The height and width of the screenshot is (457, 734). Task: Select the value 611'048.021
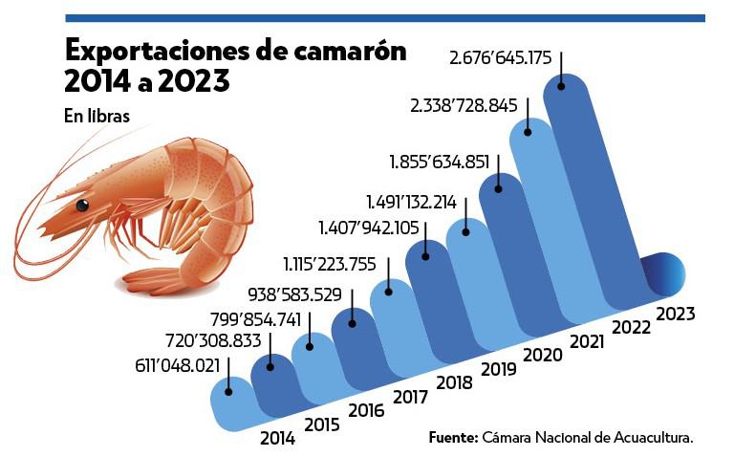(174, 364)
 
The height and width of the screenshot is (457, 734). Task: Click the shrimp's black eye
(83, 205)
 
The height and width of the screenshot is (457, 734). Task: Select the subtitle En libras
(97, 116)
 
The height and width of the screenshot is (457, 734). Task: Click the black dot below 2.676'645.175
(561, 86)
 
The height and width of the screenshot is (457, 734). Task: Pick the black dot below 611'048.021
(228, 390)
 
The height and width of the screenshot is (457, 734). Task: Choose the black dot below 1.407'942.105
(425, 255)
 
